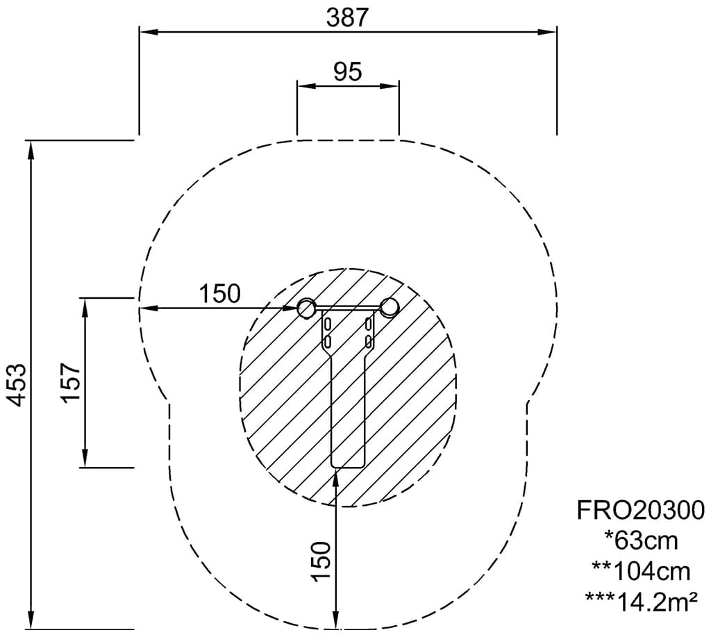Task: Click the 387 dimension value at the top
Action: tap(347, 18)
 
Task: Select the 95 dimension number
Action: tap(348, 72)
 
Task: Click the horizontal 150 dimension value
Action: tap(220, 293)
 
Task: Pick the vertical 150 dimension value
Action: tap(321, 561)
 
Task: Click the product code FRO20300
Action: tap(641, 510)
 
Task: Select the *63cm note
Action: tap(641, 541)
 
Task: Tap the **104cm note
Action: tap(641, 572)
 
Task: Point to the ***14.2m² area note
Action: tap(641, 602)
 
